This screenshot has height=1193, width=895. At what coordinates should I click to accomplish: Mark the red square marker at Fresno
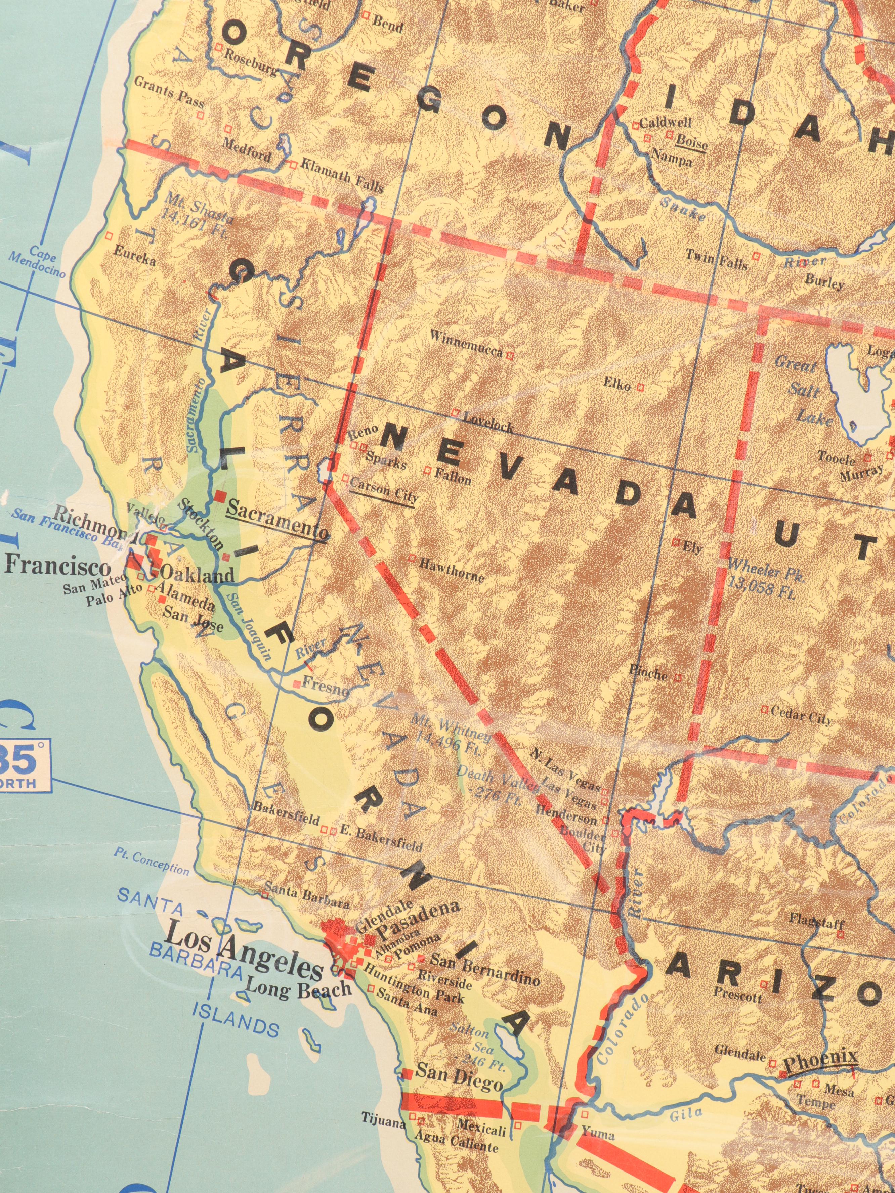pos(296,684)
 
